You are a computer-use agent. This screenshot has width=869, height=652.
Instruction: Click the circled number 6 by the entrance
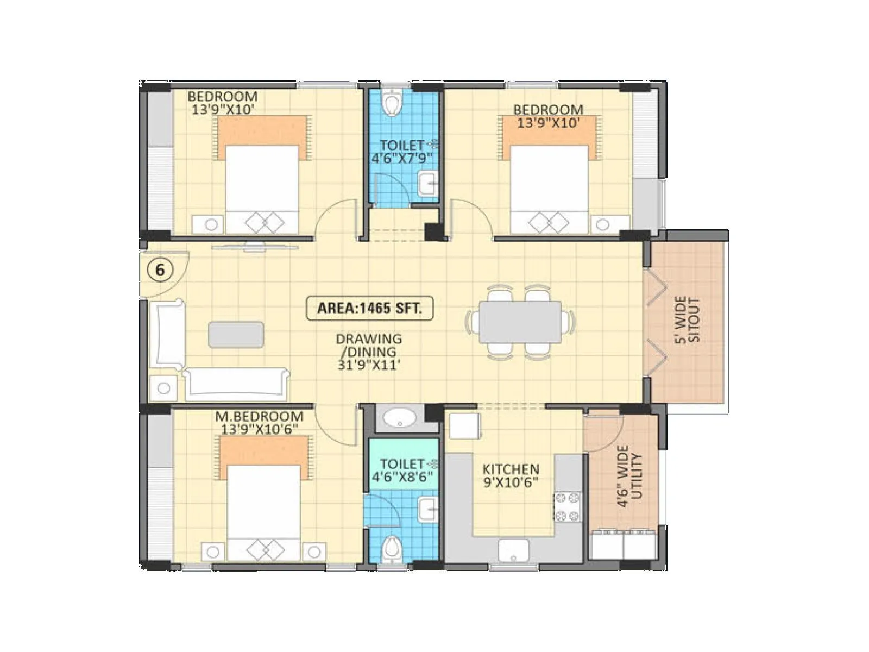point(160,270)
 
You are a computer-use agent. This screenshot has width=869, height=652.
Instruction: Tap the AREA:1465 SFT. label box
point(369,308)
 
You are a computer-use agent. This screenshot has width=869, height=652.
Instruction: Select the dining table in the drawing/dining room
point(520,322)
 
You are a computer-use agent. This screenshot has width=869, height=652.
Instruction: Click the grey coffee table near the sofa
point(236,334)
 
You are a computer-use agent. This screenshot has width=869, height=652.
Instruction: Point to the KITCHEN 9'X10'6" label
point(511,475)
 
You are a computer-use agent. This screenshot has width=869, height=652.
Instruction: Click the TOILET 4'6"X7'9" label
point(402,152)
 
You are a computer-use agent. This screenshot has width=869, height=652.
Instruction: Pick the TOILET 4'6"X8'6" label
point(402,471)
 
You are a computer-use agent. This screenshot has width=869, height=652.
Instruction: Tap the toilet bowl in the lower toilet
point(391,549)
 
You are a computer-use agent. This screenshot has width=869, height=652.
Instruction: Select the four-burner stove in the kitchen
point(567,506)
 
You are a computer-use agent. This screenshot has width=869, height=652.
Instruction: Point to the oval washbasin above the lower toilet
point(399,418)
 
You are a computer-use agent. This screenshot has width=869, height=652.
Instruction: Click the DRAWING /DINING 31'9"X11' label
point(369,352)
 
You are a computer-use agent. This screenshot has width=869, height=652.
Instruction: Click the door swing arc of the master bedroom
point(337,427)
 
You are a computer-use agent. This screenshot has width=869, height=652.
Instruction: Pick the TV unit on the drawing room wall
point(255,247)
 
